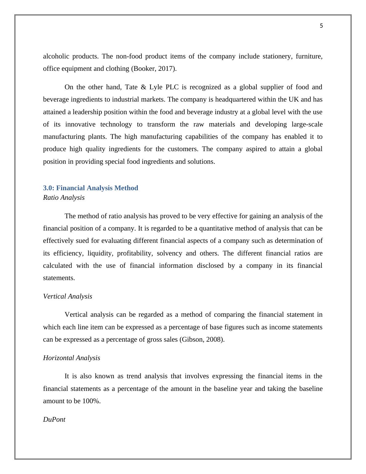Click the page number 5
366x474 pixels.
coord(321,26)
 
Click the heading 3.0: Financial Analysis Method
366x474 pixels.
coord(90,188)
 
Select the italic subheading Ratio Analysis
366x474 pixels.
coord(64,198)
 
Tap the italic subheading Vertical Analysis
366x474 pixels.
coord(68,296)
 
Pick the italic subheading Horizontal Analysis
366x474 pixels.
coord(72,358)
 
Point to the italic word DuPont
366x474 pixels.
coord(54,420)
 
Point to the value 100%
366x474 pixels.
coord(91,401)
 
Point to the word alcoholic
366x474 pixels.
coord(55,56)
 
